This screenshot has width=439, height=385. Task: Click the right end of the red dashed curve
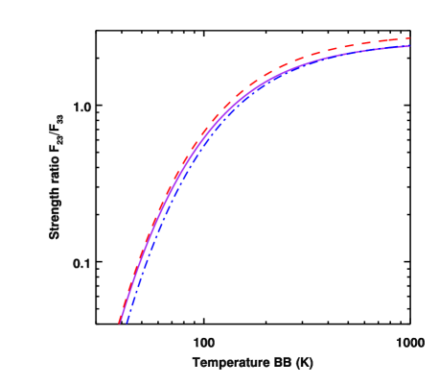pos(409,38)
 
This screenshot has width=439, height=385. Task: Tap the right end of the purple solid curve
pos(409,46)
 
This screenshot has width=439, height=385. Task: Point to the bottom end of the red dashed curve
pos(120,322)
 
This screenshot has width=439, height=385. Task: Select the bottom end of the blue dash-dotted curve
pos(127,323)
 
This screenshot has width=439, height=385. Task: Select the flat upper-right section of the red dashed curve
pos(374,43)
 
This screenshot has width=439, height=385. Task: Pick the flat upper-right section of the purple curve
pos(374,52)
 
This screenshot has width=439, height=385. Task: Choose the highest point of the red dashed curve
pos(409,38)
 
